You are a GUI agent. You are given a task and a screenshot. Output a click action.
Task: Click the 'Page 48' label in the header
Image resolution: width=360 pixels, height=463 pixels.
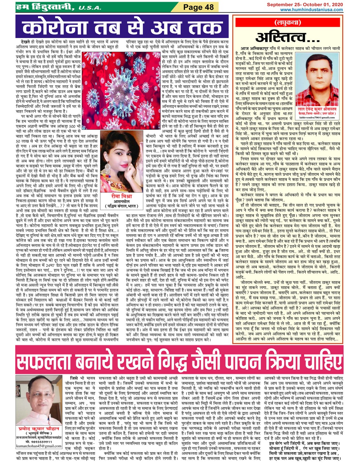point(199,7)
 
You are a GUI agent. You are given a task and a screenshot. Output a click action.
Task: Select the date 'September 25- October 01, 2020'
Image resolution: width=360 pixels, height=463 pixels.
point(304,5)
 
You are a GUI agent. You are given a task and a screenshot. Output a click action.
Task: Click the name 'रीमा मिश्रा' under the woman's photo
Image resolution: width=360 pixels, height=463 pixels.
point(121,196)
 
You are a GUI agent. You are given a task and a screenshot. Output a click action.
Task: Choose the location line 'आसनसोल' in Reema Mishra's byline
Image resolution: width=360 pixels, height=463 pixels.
point(121,202)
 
